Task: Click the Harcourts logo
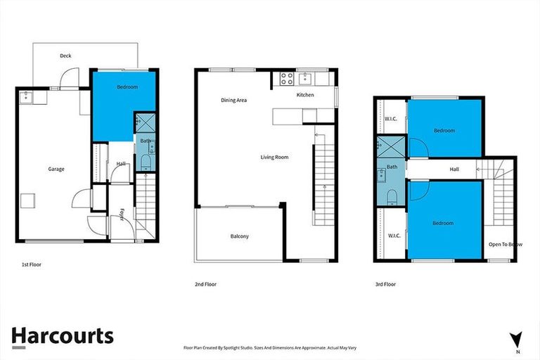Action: [x=62, y=336]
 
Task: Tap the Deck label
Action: [x=65, y=56]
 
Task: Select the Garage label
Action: [x=56, y=169]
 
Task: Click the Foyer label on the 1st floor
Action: [x=122, y=214]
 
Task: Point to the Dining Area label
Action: [x=233, y=101]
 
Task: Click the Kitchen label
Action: [x=304, y=95]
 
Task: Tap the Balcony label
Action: [x=239, y=236]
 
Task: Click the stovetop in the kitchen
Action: [x=286, y=78]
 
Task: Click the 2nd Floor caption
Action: [x=205, y=284]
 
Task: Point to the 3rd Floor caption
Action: [x=385, y=284]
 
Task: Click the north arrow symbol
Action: [x=517, y=340]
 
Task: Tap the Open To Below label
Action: [x=505, y=244]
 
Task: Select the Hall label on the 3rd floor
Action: [x=454, y=169]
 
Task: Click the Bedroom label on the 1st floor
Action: [x=127, y=87]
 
